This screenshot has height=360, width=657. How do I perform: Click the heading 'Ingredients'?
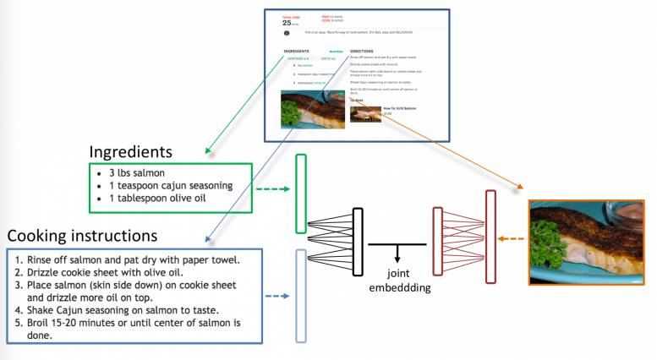point(131,152)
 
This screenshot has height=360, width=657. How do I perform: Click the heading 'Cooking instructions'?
point(82,235)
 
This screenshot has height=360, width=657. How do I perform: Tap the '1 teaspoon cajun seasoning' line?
point(169,186)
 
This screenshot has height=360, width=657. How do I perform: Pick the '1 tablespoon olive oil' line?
point(157,199)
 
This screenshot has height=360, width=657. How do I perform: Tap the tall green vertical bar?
point(300,194)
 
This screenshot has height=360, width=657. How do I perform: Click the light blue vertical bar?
point(300,296)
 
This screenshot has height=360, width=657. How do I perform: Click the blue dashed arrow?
point(277,297)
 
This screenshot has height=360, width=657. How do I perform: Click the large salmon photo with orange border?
point(586,241)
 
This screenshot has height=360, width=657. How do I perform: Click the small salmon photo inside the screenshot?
point(312,109)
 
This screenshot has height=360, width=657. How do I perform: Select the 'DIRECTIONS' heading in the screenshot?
point(362,51)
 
